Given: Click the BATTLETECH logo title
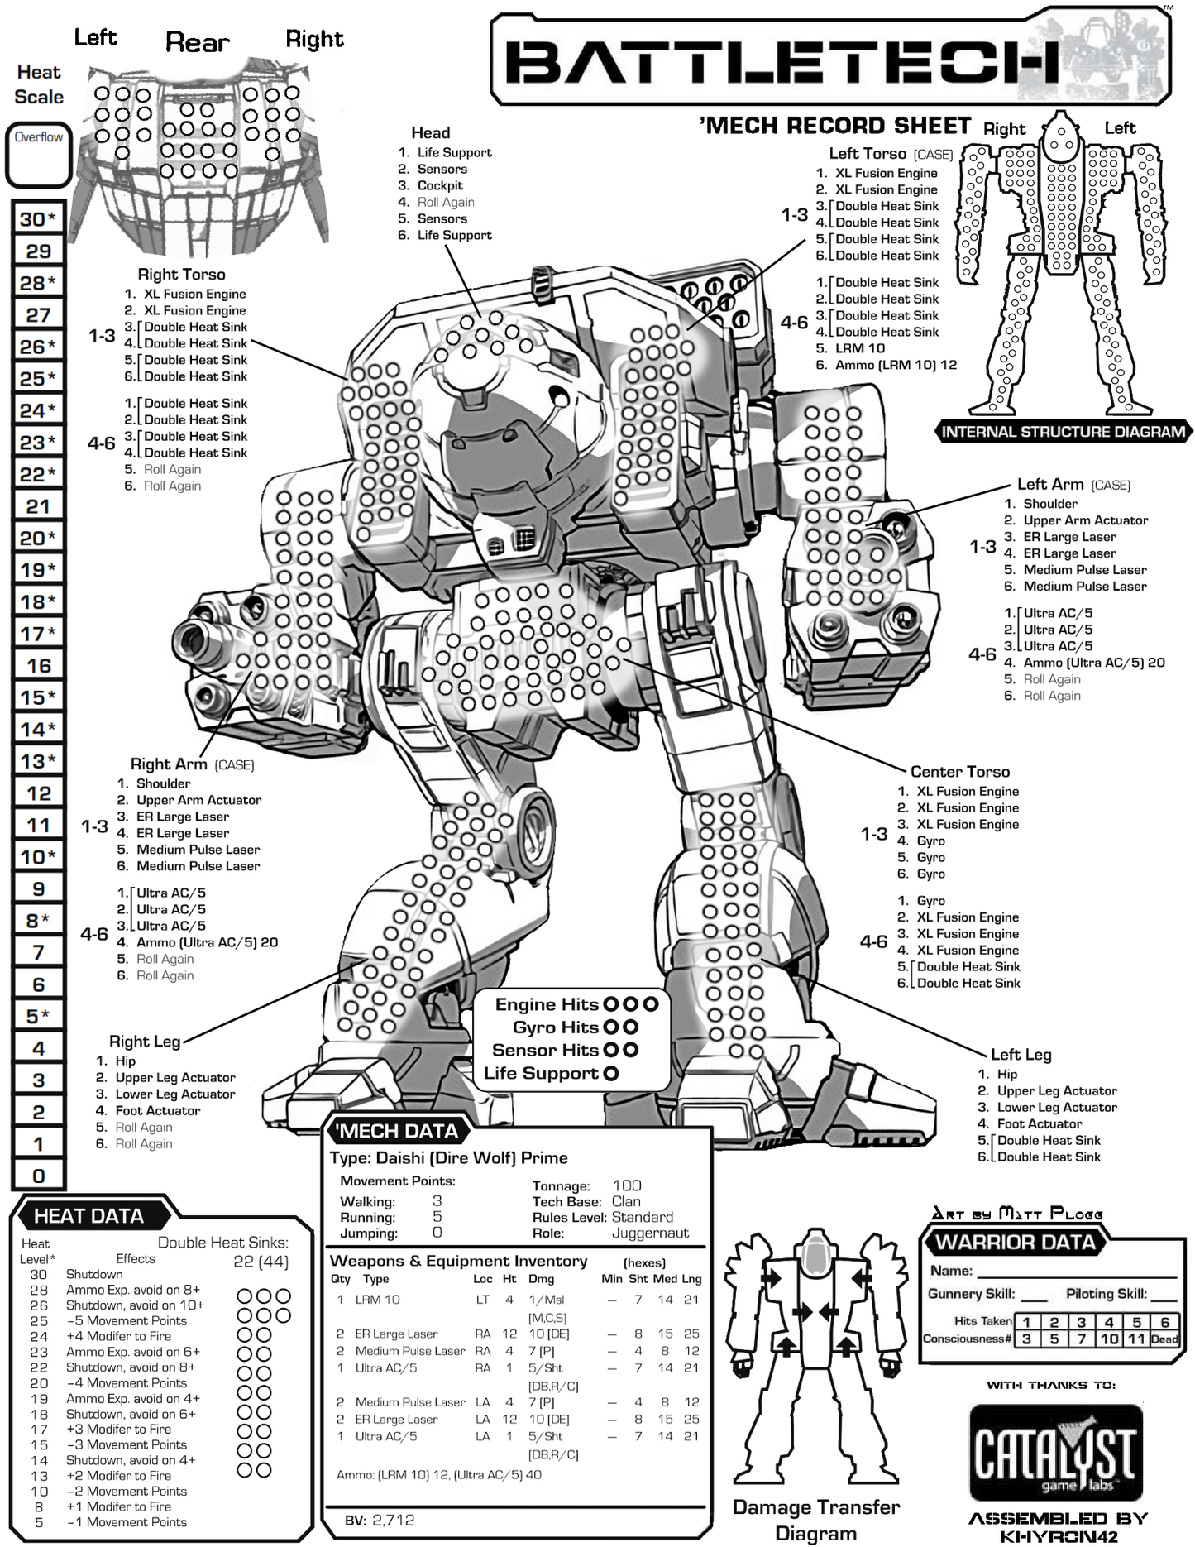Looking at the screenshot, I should [x=782, y=62].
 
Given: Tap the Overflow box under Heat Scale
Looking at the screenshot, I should [x=38, y=155].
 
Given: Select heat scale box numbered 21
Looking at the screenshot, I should [x=38, y=506].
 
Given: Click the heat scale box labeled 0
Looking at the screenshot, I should [x=38, y=1176].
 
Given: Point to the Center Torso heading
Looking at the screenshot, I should [x=959, y=772].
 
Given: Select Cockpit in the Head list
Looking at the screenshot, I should [x=440, y=186].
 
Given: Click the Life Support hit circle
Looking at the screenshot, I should [x=611, y=1074].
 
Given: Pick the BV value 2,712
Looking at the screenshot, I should [x=393, y=1520].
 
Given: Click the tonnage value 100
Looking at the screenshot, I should [x=627, y=1185].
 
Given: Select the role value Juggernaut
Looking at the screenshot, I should [x=650, y=1233].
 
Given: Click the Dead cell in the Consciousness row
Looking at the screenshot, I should [x=1164, y=1339].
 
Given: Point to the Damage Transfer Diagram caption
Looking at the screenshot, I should [x=815, y=1520].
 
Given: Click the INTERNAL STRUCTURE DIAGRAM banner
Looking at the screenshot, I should [x=1063, y=432].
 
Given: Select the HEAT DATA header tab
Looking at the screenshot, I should [x=89, y=1216].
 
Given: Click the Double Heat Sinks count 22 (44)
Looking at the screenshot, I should [x=261, y=1262].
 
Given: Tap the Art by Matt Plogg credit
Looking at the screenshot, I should [x=1017, y=1214].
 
